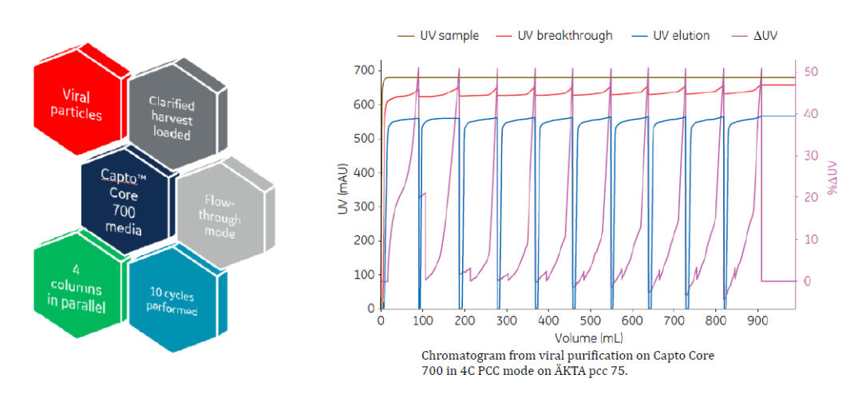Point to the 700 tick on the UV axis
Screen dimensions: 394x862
(363, 70)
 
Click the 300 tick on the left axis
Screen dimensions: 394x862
(363, 207)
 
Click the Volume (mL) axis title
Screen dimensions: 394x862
(587, 337)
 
